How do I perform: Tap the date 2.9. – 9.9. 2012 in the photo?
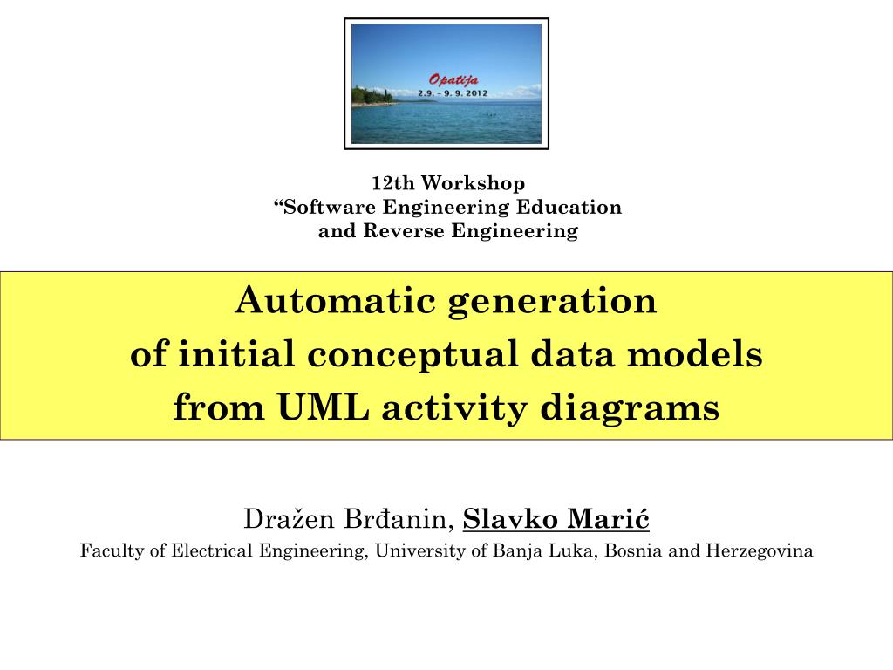point(453,92)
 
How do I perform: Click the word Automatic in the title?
point(336,302)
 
